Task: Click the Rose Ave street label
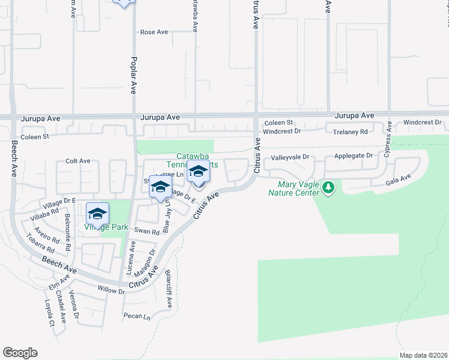click(x=154, y=32)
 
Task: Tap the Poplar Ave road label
click(x=133, y=75)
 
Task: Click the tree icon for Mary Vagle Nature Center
click(x=328, y=188)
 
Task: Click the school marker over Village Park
click(x=97, y=214)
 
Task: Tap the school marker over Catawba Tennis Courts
click(x=198, y=173)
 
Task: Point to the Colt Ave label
click(x=77, y=161)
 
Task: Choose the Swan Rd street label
click(x=147, y=231)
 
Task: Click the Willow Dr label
click(x=111, y=290)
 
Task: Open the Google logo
click(x=20, y=353)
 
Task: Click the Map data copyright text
click(x=423, y=355)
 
